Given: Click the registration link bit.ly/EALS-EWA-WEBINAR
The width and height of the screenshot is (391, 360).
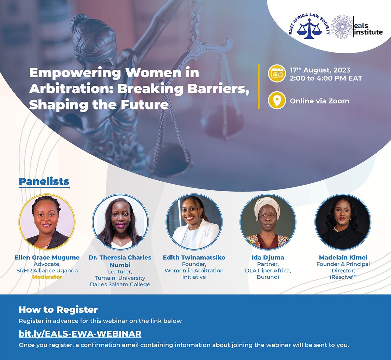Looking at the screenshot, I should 80,334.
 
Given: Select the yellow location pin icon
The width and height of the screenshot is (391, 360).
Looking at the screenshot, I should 277,101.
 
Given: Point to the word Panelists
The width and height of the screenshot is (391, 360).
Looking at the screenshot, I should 44,182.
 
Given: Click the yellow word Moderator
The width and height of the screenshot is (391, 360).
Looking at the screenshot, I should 47,277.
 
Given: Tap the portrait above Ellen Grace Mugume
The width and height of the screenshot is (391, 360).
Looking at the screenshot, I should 47,222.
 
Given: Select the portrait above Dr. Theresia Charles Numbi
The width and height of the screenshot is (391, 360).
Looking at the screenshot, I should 120,222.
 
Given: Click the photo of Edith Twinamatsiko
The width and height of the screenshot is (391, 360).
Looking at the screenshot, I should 194,222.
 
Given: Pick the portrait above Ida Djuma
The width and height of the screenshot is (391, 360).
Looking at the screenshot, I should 268,222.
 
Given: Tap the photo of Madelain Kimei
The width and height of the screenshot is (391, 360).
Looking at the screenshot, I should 343,222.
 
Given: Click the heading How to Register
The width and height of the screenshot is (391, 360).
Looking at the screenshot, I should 58,309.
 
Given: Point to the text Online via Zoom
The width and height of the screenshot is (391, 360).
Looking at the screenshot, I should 319,101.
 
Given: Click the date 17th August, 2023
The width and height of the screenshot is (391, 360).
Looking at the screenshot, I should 320,70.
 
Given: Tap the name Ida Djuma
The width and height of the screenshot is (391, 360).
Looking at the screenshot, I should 268,258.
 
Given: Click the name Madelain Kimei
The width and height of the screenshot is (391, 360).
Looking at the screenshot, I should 343,258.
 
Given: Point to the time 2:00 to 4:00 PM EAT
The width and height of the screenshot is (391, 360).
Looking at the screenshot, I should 326,78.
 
